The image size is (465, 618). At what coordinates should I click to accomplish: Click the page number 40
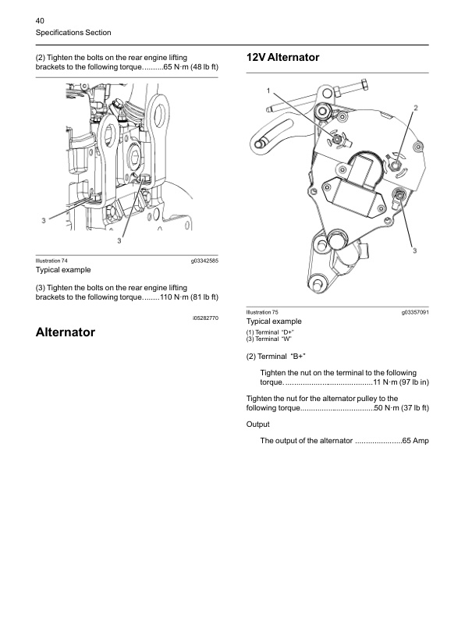point(40,21)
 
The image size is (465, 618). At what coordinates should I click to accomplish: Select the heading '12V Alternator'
point(282,57)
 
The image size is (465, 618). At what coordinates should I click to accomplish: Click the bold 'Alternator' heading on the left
point(66,332)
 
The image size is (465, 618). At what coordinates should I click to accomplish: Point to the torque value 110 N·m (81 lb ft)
point(189,297)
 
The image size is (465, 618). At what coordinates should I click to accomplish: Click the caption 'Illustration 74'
point(51,261)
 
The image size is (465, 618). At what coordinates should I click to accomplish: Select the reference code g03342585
point(204,261)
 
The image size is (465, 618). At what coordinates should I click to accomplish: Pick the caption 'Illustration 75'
point(262,312)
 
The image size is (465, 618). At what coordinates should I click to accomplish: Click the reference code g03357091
point(415,312)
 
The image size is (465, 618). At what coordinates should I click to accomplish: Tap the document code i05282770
point(205,318)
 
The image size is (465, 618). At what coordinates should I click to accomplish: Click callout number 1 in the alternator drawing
point(268,91)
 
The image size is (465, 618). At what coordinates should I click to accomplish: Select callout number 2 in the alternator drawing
point(415,108)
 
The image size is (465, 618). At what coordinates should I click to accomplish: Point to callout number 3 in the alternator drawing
point(414,250)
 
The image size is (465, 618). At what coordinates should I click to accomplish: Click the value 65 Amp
point(415,441)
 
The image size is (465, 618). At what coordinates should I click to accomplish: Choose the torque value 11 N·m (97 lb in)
point(401,382)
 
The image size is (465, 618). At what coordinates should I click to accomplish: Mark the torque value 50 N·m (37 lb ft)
point(402,408)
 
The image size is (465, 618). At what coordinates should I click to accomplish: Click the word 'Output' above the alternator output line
point(258,424)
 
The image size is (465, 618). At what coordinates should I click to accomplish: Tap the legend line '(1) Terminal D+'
point(270,332)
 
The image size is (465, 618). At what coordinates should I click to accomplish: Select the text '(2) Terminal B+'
point(276,357)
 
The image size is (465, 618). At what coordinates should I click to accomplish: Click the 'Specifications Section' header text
point(73,33)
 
